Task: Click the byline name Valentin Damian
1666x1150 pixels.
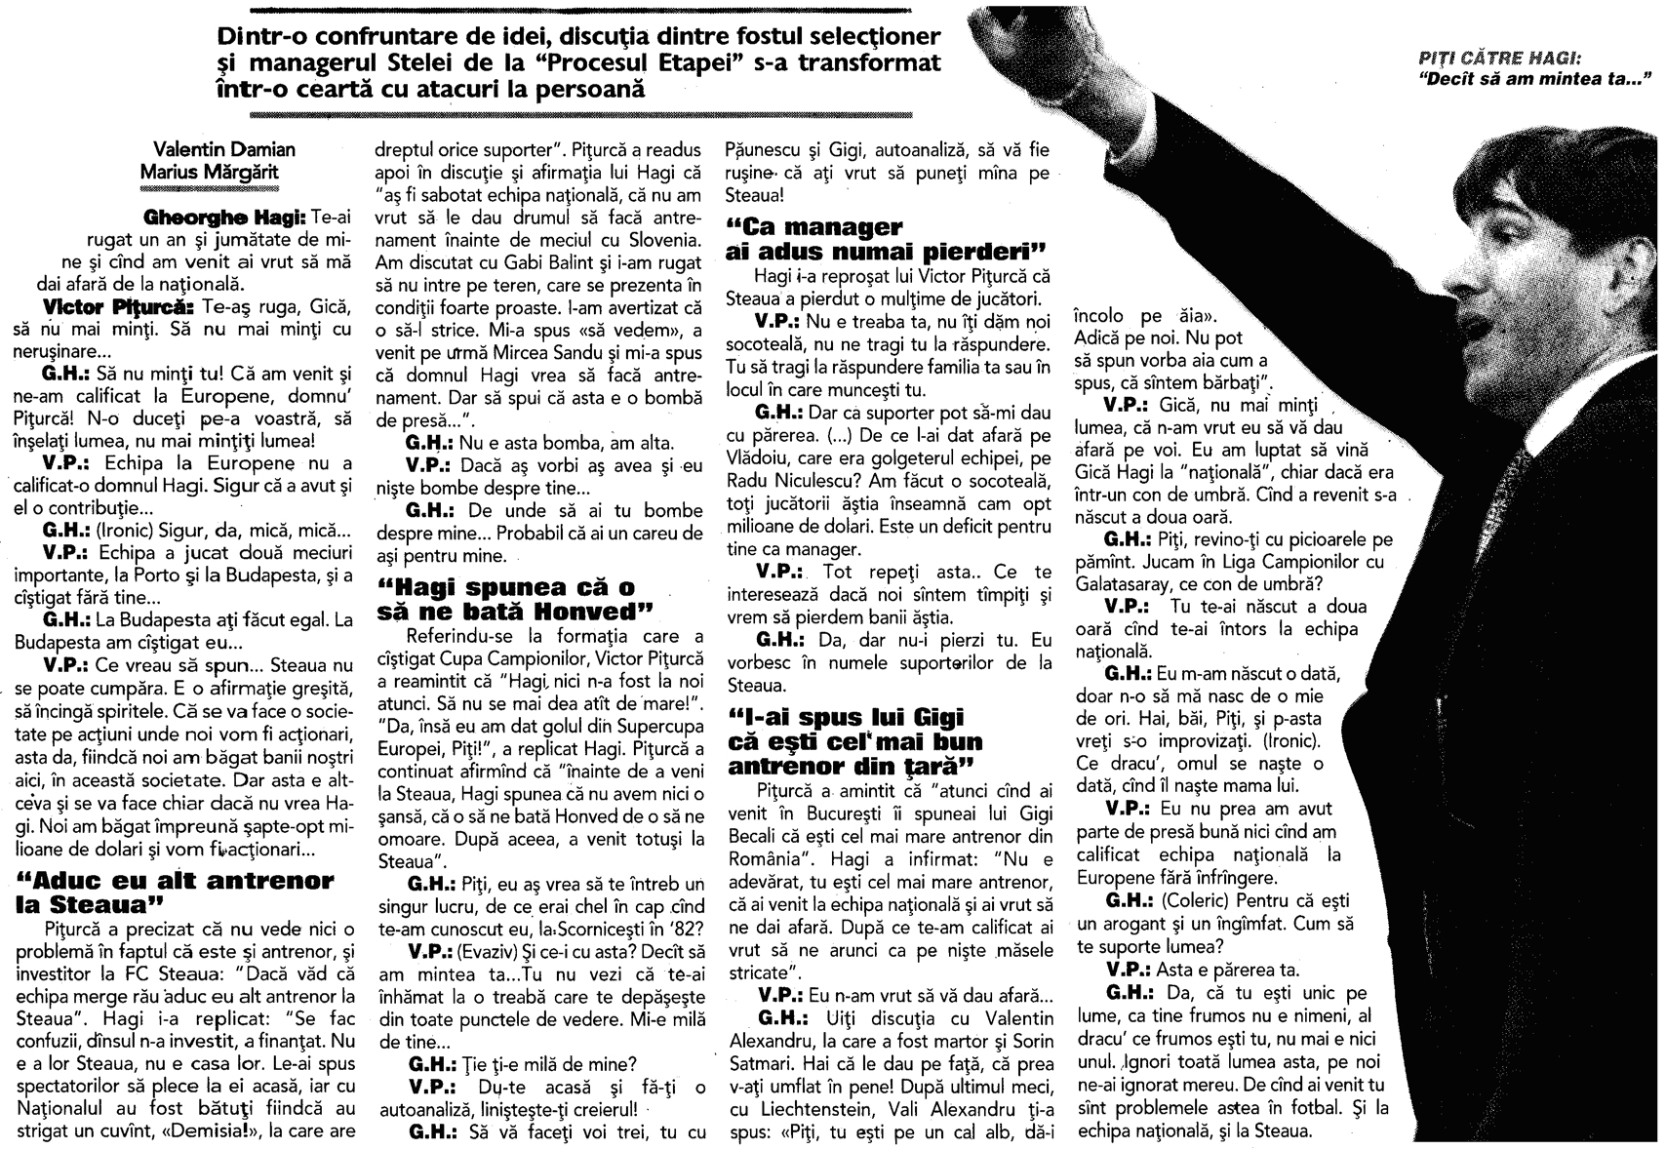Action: pos(224,149)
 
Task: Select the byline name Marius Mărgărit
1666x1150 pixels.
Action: pos(224,172)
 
